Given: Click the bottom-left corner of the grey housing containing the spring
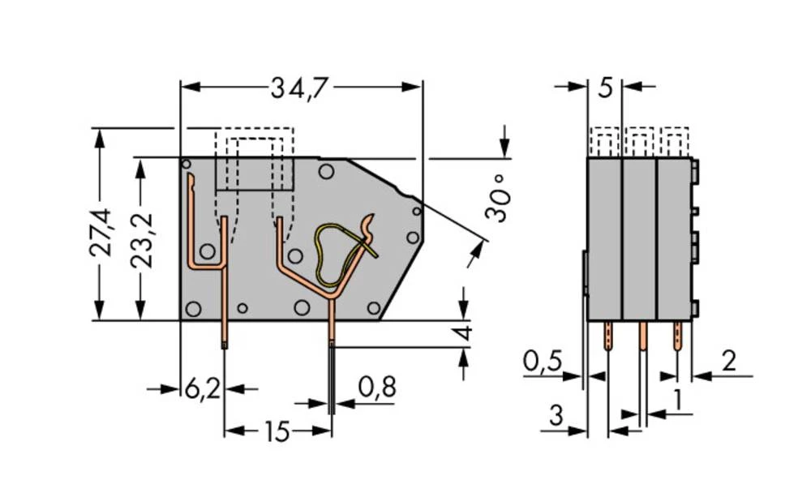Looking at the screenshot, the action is point(180,320).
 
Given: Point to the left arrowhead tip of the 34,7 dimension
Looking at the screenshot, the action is point(181,87).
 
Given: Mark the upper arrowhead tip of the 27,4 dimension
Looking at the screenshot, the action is point(99,128).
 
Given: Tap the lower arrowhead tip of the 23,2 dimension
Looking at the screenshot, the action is point(139,319).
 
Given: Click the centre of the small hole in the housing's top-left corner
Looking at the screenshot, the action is point(187,164).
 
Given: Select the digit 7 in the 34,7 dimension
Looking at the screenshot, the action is point(319,88).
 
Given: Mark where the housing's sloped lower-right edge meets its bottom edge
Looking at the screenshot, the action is point(380,320).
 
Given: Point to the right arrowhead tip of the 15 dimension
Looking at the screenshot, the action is point(331,430).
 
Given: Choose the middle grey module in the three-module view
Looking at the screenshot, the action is point(639,238).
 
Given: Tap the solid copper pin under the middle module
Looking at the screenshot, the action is point(642,336).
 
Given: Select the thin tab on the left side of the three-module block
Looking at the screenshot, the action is point(585,273).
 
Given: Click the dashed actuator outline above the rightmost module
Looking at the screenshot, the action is point(675,142).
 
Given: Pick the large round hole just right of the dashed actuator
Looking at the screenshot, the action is point(326,171).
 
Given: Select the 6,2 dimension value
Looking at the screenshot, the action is point(202,388).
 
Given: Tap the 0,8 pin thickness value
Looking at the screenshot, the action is point(377,387).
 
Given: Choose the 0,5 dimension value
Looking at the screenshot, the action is point(542,361).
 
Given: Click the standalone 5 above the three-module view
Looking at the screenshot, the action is point(605,88).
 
